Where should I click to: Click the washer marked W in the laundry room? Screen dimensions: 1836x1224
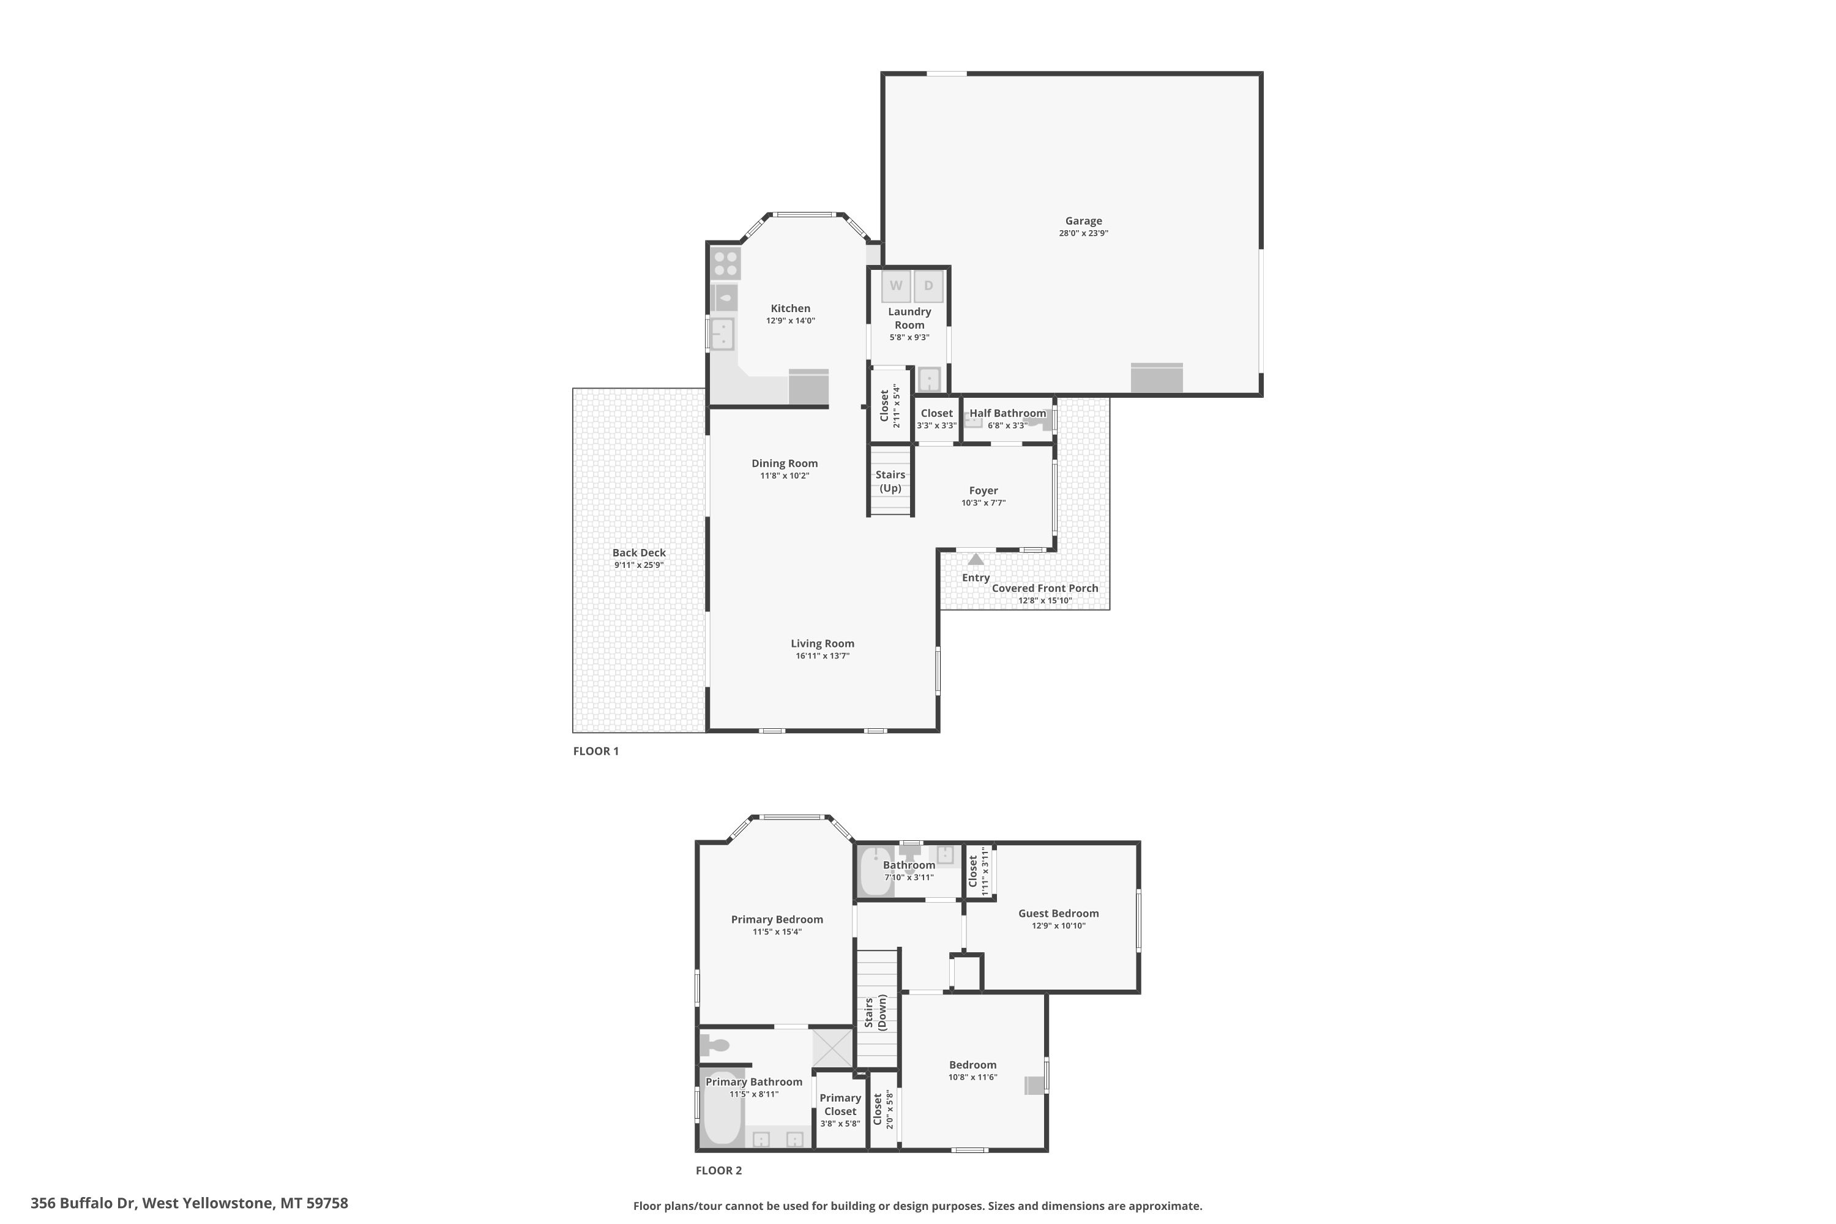pos(896,286)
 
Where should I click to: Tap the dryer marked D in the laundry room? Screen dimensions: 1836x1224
pos(928,286)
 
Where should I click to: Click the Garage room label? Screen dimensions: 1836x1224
pos(1083,221)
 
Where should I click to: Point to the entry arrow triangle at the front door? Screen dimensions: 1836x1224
pos(976,559)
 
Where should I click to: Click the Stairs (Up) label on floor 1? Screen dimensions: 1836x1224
pos(890,482)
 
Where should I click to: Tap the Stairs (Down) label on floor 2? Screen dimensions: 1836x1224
pos(875,1012)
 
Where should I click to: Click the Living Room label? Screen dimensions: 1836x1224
pos(823,643)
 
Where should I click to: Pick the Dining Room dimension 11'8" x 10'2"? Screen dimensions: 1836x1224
pos(785,476)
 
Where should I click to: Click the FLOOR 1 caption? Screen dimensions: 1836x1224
pos(595,751)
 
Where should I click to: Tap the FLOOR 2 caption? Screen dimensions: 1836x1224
pos(719,1170)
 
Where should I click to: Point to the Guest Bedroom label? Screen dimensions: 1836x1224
pos(1059,913)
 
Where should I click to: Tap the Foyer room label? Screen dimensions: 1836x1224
pos(983,490)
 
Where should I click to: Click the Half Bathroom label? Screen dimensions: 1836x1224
pos(1008,413)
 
